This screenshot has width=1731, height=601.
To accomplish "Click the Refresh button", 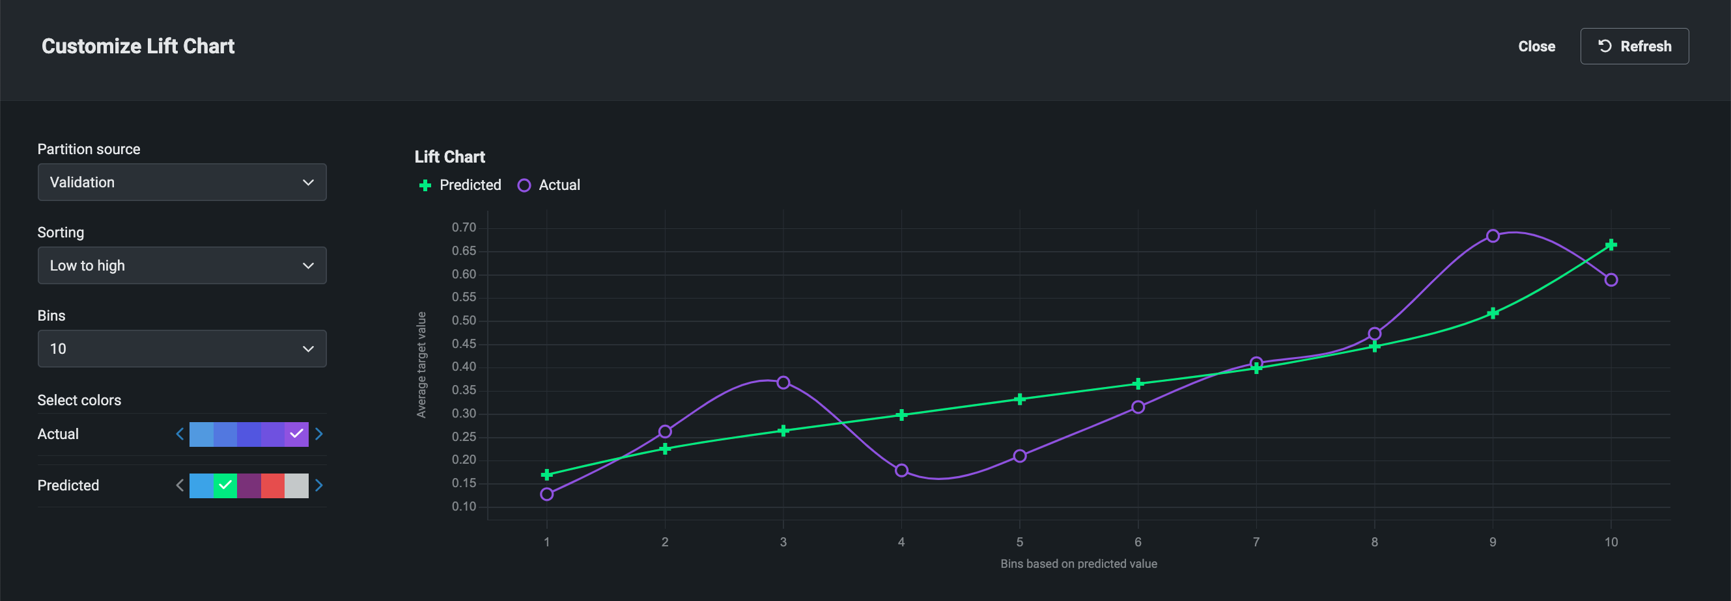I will point(1633,46).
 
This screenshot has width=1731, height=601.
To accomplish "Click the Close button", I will point(1536,46).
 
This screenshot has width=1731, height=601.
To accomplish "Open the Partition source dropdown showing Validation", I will point(182,182).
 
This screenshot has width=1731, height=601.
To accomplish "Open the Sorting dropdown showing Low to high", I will point(182,265).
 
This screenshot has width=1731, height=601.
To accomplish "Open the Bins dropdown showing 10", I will point(182,349).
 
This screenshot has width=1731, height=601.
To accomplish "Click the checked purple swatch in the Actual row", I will point(296,434).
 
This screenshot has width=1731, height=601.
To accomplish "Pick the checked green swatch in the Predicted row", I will point(225,485).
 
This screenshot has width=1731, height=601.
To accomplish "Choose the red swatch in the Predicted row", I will point(272,485).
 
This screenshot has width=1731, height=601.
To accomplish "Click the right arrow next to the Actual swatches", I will point(319,434).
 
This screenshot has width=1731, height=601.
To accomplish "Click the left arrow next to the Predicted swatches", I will point(179,485).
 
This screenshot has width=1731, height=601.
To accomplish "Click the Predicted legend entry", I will point(460,185).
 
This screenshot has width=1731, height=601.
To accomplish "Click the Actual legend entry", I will point(549,185).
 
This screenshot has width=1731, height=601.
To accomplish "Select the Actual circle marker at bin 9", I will point(1493,235).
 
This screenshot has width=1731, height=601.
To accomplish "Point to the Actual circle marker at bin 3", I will point(783,382).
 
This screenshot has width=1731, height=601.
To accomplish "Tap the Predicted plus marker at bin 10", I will point(1611,245).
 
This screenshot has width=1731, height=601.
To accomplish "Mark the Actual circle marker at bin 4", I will point(901,470).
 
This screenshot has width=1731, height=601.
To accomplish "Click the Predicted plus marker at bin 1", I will point(546,475).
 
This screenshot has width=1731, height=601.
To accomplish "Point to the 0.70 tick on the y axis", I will point(464,228).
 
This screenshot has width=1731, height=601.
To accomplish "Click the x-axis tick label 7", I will point(1256,542).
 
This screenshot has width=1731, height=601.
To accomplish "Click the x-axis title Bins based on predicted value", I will point(1078,564).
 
